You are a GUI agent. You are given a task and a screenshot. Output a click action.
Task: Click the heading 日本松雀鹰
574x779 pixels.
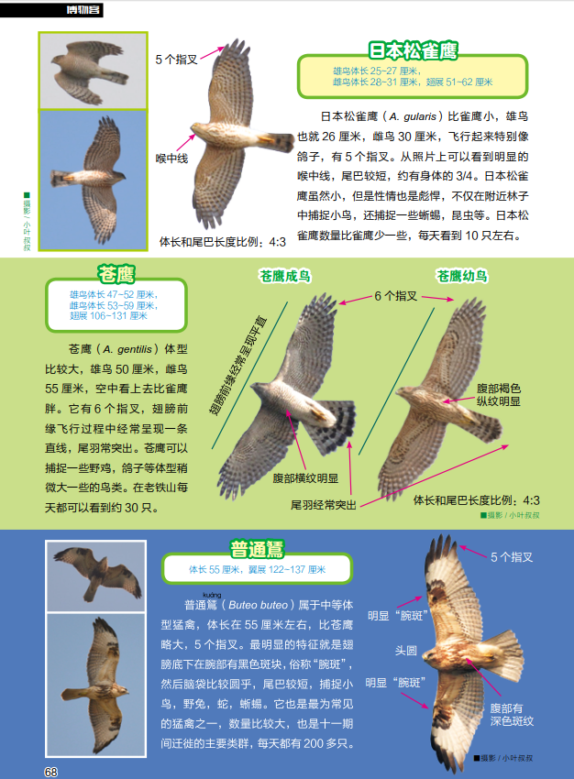[x=413, y=50]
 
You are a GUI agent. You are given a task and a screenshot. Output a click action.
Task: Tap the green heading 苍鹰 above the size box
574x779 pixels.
[x=116, y=274]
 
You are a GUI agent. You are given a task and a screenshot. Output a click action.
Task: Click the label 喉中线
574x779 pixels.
[x=172, y=159]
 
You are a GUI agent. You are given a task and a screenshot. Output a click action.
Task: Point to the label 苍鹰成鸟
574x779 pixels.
[x=285, y=276]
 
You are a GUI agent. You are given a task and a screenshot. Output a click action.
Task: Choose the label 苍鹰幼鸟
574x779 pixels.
[x=462, y=276]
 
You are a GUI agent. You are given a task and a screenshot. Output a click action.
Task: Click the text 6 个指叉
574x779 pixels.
[x=395, y=296]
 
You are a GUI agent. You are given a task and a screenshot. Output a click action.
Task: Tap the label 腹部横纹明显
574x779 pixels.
[x=305, y=478]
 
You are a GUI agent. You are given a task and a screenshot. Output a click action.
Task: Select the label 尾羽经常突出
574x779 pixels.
[x=324, y=505]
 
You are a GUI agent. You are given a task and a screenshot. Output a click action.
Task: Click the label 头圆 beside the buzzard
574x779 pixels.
[x=405, y=651]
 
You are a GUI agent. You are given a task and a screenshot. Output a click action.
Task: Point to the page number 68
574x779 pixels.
[x=51, y=772]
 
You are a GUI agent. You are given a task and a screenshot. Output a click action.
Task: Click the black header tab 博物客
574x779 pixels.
[x=83, y=9]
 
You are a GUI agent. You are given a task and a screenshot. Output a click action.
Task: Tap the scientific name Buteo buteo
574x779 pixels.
[x=258, y=605]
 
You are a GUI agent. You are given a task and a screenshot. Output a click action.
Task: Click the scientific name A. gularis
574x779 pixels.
[x=413, y=116]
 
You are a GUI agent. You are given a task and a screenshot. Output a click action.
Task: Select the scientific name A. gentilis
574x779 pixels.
[x=127, y=349]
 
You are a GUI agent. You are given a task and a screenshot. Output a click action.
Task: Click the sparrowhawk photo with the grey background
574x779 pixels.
[x=93, y=71]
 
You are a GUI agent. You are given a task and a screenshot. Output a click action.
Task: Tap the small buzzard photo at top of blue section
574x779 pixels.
[x=96, y=576]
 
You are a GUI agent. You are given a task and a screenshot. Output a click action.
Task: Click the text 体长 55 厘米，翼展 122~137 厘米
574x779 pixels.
[x=257, y=569]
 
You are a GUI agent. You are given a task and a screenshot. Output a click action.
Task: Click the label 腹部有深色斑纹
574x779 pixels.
[x=512, y=715]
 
